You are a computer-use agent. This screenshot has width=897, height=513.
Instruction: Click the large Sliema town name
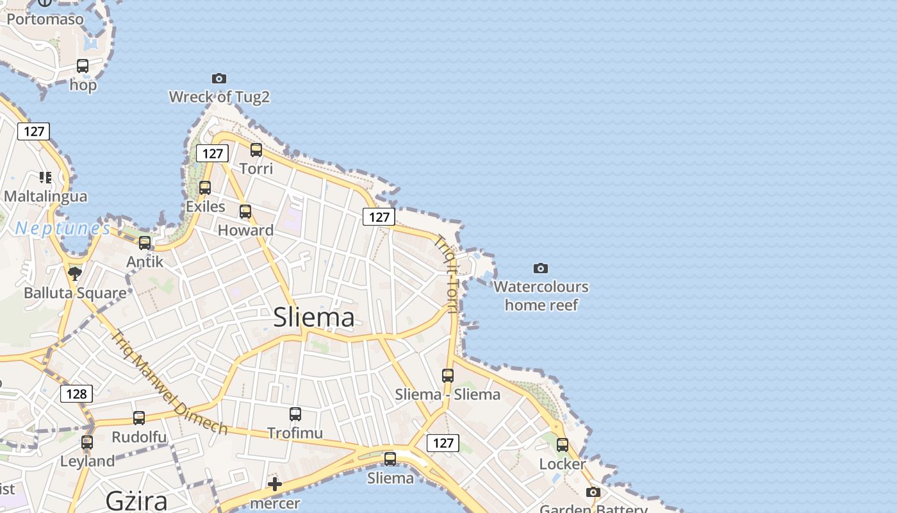pos(314,317)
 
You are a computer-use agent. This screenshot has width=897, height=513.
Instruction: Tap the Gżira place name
pos(136,500)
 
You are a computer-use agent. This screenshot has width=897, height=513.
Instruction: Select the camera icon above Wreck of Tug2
pos(219,78)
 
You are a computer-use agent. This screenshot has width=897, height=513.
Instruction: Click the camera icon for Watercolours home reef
pos(541,268)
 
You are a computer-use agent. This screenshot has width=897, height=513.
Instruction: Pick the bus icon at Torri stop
pos(256,150)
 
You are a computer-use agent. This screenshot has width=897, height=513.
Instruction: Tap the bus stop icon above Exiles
pos(205,188)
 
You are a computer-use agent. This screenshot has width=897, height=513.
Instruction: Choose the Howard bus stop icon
pos(245,212)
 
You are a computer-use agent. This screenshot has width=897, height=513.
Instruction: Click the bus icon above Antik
pos(145,243)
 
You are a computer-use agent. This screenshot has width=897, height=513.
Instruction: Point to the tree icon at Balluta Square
pos(75,274)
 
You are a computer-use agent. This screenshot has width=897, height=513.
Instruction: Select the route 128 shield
pos(76,393)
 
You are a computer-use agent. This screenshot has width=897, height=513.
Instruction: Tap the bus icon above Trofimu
pos(295,414)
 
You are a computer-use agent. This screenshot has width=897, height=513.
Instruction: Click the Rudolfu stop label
pos(139,437)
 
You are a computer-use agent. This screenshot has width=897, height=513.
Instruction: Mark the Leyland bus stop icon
pos(87,442)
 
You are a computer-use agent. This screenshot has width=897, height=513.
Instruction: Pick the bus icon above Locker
pos(563,445)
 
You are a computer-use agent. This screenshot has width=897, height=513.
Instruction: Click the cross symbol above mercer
pos(275,484)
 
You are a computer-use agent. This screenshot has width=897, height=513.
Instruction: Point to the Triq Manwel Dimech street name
pos(170,382)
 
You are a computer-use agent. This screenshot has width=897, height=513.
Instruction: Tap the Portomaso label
pos(45,19)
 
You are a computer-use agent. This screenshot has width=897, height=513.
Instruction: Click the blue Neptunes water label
pos(63,228)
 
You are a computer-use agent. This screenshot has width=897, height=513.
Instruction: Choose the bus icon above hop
pos(83,66)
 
